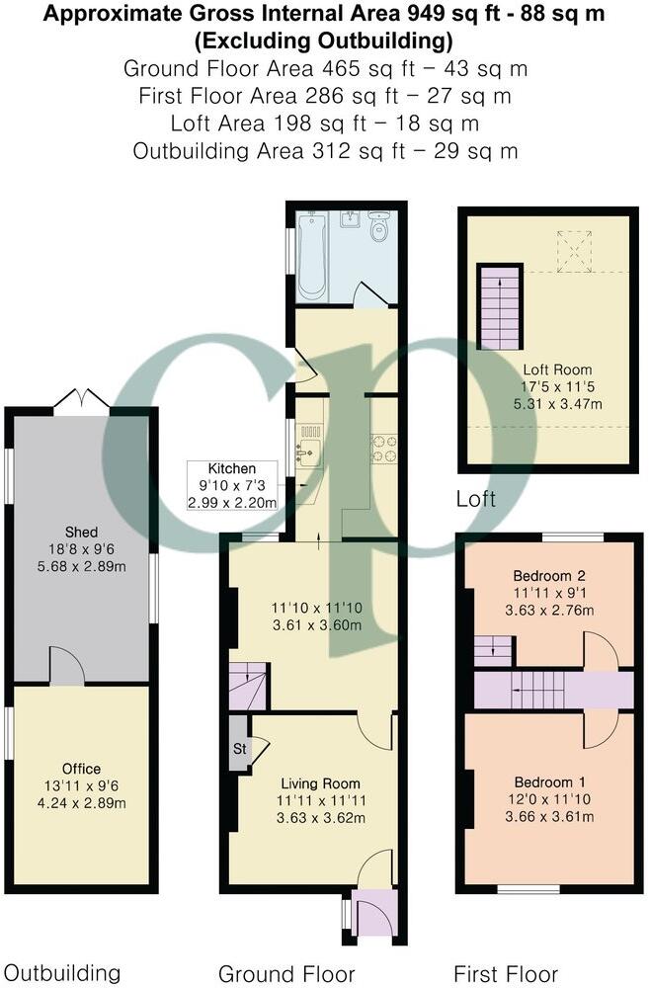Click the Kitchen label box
click(233, 485)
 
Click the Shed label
click(80, 531)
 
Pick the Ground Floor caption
click(286, 973)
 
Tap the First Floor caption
click(506, 973)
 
